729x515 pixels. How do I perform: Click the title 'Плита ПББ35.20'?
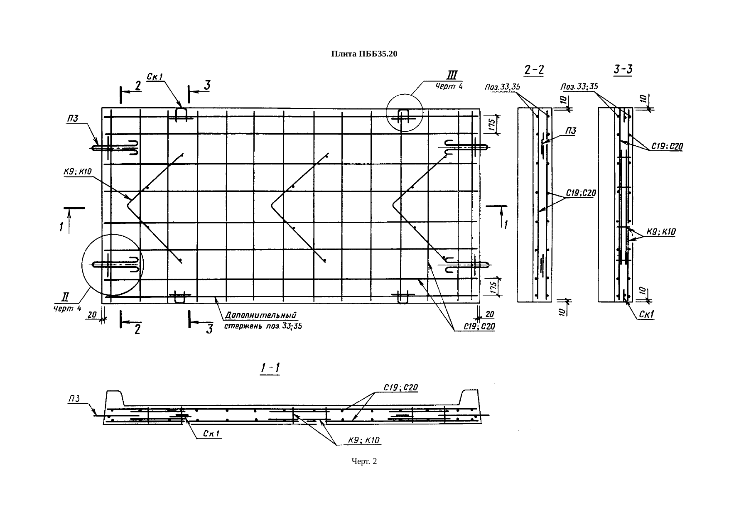click(x=364, y=54)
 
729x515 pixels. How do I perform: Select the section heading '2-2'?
click(x=535, y=70)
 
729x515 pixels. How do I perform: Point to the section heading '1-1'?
click(x=270, y=368)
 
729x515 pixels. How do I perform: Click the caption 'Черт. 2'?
click(x=364, y=461)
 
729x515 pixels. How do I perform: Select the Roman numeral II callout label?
click(x=65, y=297)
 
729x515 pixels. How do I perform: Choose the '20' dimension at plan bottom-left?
click(x=91, y=315)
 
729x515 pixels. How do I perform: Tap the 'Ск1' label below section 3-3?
click(x=646, y=315)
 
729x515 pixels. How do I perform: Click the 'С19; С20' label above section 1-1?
click(x=400, y=387)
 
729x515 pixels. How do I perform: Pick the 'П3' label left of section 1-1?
click(x=74, y=399)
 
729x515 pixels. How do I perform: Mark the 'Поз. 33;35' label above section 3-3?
click(x=579, y=87)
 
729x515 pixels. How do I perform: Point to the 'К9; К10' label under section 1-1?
click(x=364, y=441)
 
